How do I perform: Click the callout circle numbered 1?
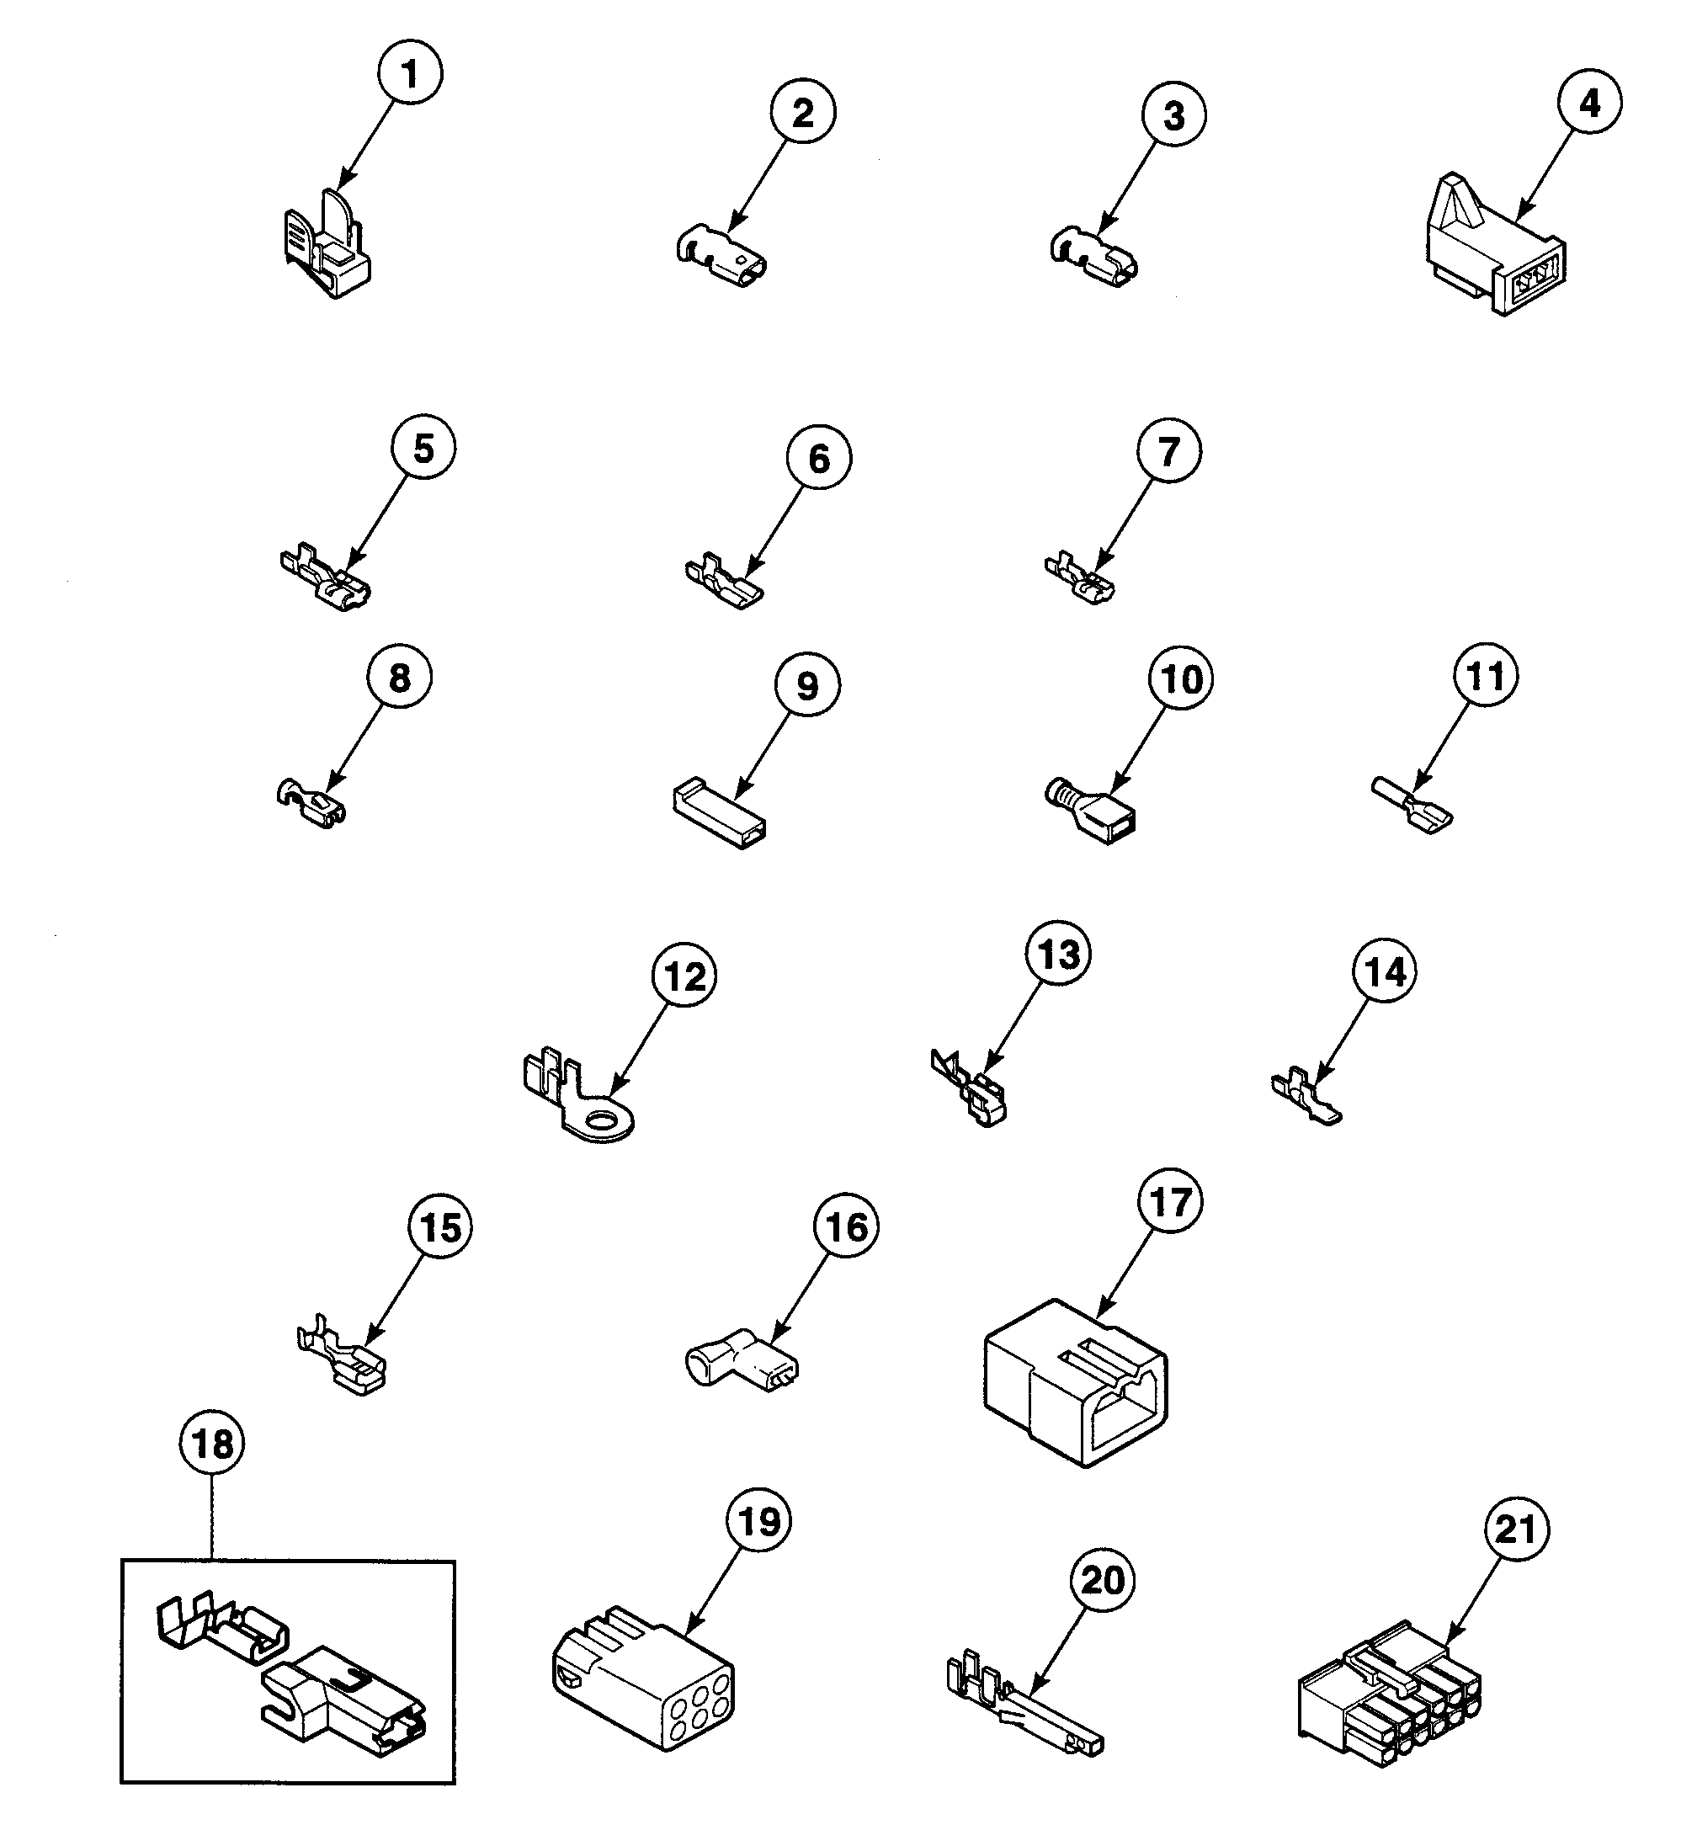(410, 73)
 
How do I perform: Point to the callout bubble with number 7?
(1168, 451)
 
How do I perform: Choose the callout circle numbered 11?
(1485, 676)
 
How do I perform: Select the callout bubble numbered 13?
(1057, 954)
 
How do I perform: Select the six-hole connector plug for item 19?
(643, 1679)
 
